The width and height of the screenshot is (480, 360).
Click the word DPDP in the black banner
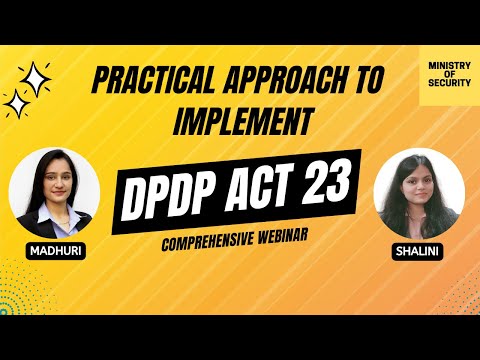(178, 187)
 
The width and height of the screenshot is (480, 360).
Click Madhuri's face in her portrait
(53, 180)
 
